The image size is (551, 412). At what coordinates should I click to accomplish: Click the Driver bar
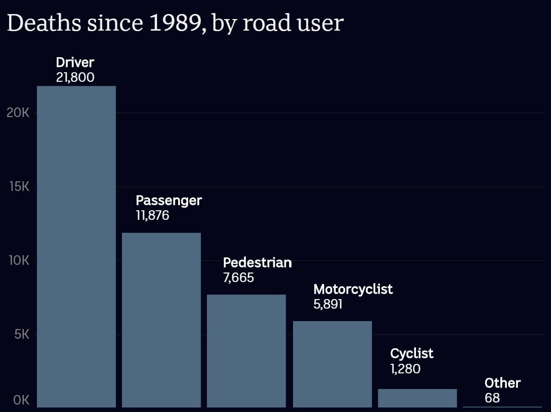point(76,246)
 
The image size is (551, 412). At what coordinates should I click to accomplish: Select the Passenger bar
point(161,320)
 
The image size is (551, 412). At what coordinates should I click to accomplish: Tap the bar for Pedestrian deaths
point(246,351)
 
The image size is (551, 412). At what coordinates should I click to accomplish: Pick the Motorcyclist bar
point(332,364)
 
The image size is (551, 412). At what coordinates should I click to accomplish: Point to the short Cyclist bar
point(417,398)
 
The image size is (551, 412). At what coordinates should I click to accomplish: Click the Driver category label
point(75,63)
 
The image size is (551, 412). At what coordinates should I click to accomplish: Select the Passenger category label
point(169,201)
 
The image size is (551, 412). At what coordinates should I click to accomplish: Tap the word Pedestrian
point(257,262)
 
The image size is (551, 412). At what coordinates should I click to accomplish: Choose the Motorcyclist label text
point(353,289)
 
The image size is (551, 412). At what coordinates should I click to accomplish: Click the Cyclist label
point(411,353)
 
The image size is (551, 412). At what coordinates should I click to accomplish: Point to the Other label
point(502,383)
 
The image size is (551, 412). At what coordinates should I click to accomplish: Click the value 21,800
point(75,78)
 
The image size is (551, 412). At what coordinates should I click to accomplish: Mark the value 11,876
point(153,216)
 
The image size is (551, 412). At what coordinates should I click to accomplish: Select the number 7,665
point(239,278)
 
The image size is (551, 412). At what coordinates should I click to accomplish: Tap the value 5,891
point(328,304)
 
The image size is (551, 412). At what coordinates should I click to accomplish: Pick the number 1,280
point(405,369)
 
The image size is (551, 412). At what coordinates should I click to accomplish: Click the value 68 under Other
point(492,398)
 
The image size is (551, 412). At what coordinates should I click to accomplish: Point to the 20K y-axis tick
point(18,113)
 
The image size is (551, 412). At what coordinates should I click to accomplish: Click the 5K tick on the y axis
point(22,335)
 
